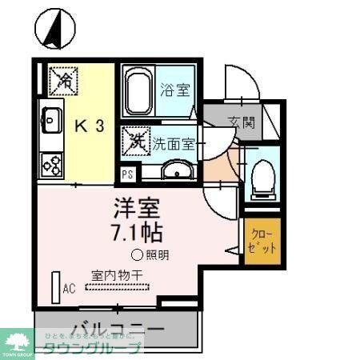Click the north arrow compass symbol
coord(54,27)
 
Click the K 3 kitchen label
coord(90,126)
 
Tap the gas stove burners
coord(52,164)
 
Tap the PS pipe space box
coord(128,174)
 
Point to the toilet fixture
coord(261,178)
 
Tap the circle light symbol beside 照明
coord(137,256)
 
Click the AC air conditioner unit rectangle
coord(56,286)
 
